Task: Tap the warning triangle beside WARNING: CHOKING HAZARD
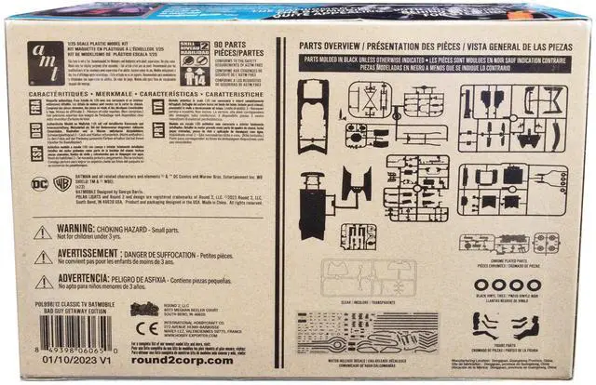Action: [43, 232]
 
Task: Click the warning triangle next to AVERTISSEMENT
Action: [43, 256]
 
